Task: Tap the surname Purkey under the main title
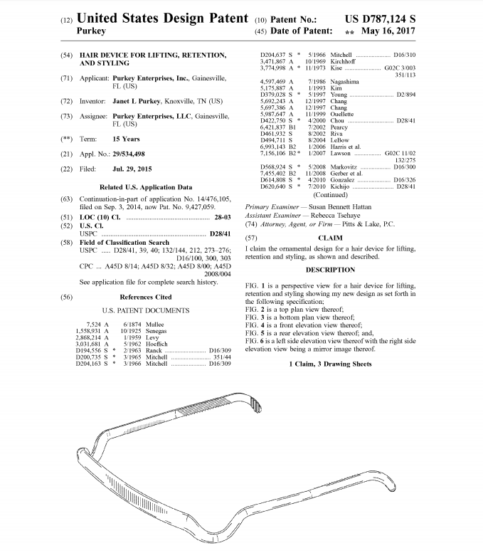[91, 31]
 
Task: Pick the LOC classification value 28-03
[220, 217]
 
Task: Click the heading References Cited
[146, 297]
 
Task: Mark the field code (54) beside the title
[66, 55]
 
